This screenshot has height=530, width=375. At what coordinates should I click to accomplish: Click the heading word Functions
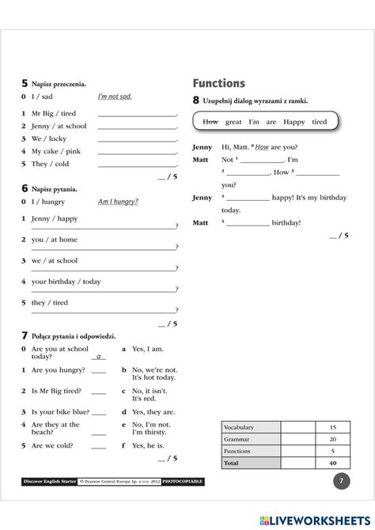pos(218,84)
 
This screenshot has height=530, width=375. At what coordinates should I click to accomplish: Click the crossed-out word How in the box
pos(210,122)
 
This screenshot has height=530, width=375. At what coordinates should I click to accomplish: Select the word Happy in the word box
pos(294,122)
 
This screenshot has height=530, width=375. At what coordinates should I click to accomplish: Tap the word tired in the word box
pos(319,122)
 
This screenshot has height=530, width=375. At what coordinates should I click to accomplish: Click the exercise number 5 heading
pos(25,83)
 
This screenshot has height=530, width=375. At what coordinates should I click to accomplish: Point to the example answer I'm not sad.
pos(115,97)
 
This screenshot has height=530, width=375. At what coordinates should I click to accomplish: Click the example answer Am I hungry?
pos(118,202)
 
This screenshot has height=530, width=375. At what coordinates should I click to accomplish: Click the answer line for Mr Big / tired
pos(137,115)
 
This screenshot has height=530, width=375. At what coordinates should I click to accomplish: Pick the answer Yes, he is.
pos(146,445)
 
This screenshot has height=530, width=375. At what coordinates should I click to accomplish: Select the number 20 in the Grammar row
pos(332,439)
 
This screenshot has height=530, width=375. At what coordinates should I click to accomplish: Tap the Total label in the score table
pos(231,462)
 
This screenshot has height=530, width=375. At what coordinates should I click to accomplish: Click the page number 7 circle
pos(340,480)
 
